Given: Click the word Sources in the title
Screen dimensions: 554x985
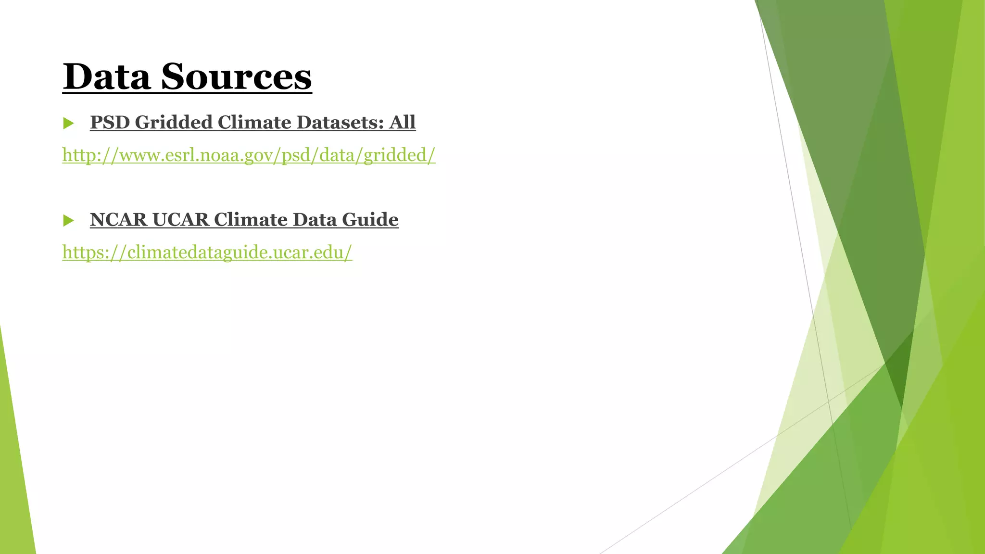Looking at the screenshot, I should (x=236, y=77).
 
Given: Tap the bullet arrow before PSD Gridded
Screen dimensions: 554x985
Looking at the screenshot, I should (x=68, y=124).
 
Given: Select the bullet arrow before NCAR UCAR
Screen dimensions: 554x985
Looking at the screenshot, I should (x=68, y=221).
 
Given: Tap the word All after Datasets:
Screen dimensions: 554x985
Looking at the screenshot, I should (x=403, y=123).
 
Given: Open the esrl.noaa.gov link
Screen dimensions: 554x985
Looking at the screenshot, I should (x=249, y=155).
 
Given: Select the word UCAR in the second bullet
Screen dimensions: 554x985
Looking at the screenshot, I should (x=180, y=220).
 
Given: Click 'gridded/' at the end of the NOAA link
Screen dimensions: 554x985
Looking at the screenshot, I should (x=399, y=155).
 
